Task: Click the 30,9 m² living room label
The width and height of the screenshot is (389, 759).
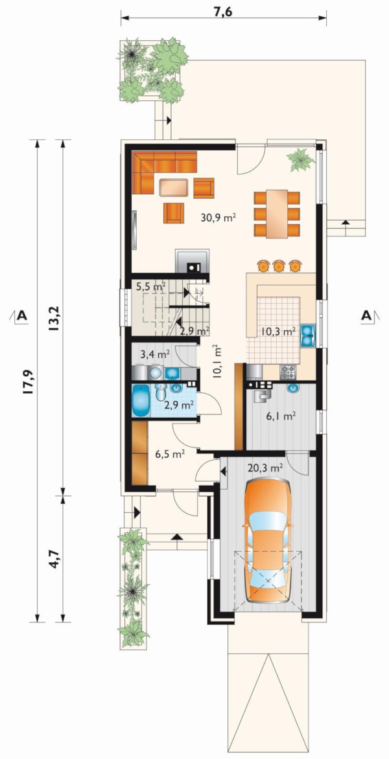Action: [218, 218]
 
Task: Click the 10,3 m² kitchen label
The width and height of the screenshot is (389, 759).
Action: [278, 332]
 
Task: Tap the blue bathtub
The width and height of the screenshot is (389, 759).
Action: [141, 400]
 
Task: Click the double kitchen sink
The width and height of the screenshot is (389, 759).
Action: [307, 336]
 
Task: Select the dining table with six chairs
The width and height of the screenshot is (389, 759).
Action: [276, 213]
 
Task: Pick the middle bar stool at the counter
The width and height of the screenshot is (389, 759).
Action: [279, 266]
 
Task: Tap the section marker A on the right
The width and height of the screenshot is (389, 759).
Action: [367, 315]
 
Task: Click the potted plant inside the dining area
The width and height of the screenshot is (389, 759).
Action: [300, 159]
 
